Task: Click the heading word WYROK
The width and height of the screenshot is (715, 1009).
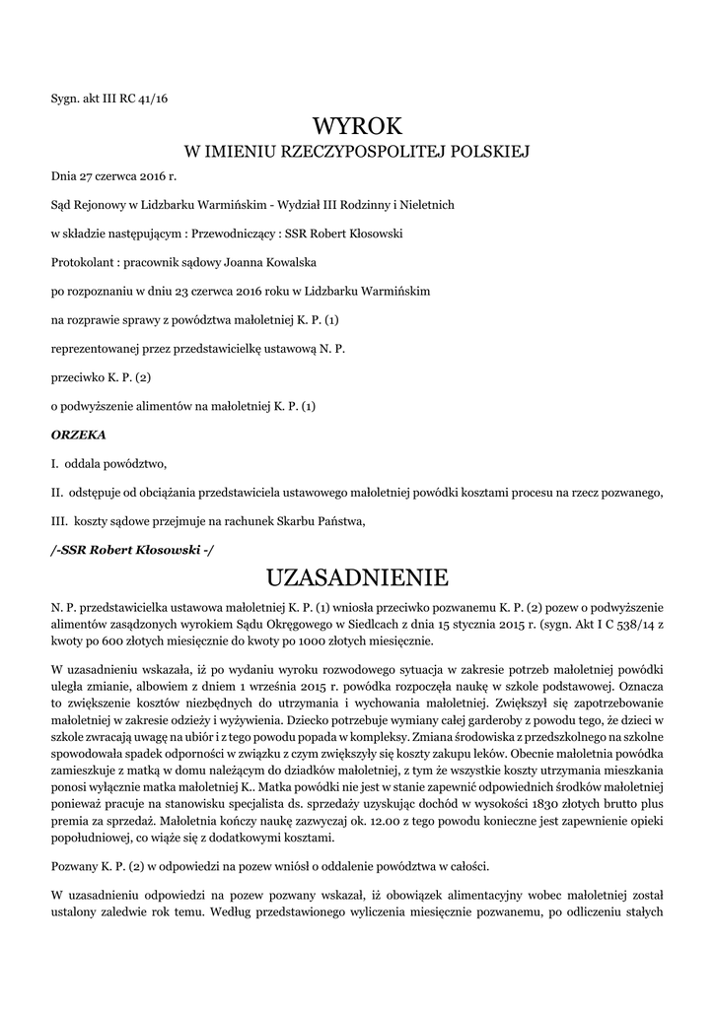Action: (x=357, y=125)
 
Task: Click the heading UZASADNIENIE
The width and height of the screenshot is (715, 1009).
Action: (x=357, y=575)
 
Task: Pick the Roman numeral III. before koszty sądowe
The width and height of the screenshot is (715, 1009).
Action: (x=60, y=520)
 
